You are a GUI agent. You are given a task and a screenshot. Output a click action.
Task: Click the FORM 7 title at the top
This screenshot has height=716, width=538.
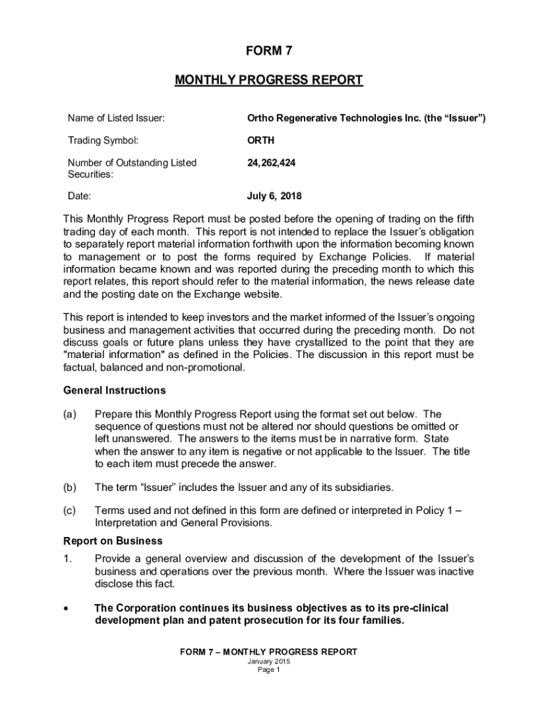click(x=268, y=51)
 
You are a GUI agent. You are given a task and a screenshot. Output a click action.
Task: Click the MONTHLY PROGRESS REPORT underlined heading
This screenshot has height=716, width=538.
click(x=268, y=80)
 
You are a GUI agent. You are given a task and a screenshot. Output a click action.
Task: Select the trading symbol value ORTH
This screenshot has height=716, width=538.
click(x=261, y=140)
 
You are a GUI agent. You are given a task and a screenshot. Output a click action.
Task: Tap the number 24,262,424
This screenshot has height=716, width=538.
click(x=271, y=163)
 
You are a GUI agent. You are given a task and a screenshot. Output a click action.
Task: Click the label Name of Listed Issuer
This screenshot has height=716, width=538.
click(x=116, y=118)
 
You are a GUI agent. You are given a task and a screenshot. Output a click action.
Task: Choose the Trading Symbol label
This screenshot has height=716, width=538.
click(x=103, y=140)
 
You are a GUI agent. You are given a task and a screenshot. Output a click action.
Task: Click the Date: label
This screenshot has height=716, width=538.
click(x=80, y=196)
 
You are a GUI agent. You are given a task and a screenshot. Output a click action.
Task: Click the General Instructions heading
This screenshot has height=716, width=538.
click(x=115, y=390)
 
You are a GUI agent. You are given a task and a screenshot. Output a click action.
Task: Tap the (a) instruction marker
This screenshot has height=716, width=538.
click(x=70, y=414)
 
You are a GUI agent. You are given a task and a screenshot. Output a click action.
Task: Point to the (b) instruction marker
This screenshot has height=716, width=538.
click(x=70, y=487)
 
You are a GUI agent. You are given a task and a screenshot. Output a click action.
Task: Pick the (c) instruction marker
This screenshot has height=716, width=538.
click(x=70, y=510)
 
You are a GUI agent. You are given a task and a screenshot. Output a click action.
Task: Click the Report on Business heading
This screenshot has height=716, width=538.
click(x=113, y=540)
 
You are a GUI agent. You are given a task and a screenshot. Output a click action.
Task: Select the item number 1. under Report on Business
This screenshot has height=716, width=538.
click(x=68, y=559)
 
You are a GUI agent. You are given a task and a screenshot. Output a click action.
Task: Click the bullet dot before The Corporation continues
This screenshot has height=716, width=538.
click(x=66, y=609)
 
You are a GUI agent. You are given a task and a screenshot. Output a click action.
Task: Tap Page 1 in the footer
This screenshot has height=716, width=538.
click(x=268, y=669)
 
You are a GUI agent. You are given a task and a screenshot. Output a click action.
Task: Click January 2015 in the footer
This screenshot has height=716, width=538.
click(x=268, y=661)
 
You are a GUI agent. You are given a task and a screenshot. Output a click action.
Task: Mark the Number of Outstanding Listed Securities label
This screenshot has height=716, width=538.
click(x=132, y=169)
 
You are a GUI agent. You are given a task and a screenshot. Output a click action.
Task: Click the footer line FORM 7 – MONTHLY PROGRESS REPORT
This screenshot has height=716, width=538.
click(x=268, y=652)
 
